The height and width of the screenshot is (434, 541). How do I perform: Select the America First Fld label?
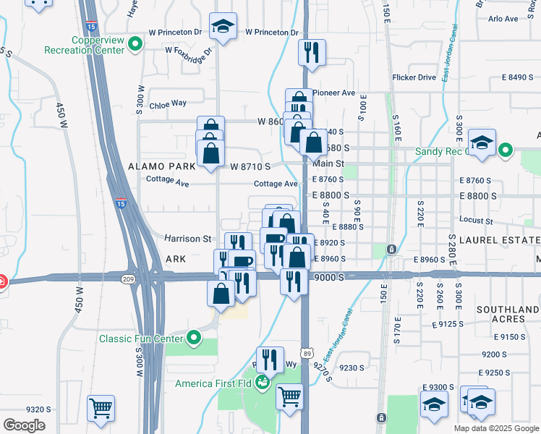[214, 383]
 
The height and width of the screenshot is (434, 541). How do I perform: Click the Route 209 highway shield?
[129, 279]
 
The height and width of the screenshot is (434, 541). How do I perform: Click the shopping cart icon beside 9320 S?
[101, 407]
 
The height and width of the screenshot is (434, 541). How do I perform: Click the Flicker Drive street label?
[414, 77]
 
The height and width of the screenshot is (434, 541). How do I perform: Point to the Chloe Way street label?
[168, 104]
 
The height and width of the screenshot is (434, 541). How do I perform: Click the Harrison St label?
[187, 238]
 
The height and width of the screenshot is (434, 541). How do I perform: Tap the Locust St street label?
[475, 220]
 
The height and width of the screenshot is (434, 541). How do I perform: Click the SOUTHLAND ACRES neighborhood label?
[508, 314]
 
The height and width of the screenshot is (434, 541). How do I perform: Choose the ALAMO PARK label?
[161, 166]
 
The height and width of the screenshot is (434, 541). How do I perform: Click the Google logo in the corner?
[24, 425]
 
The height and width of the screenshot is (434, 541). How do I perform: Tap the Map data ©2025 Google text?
[496, 428]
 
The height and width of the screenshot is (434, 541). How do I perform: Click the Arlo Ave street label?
[503, 19]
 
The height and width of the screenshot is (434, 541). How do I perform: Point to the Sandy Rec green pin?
[506, 151]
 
